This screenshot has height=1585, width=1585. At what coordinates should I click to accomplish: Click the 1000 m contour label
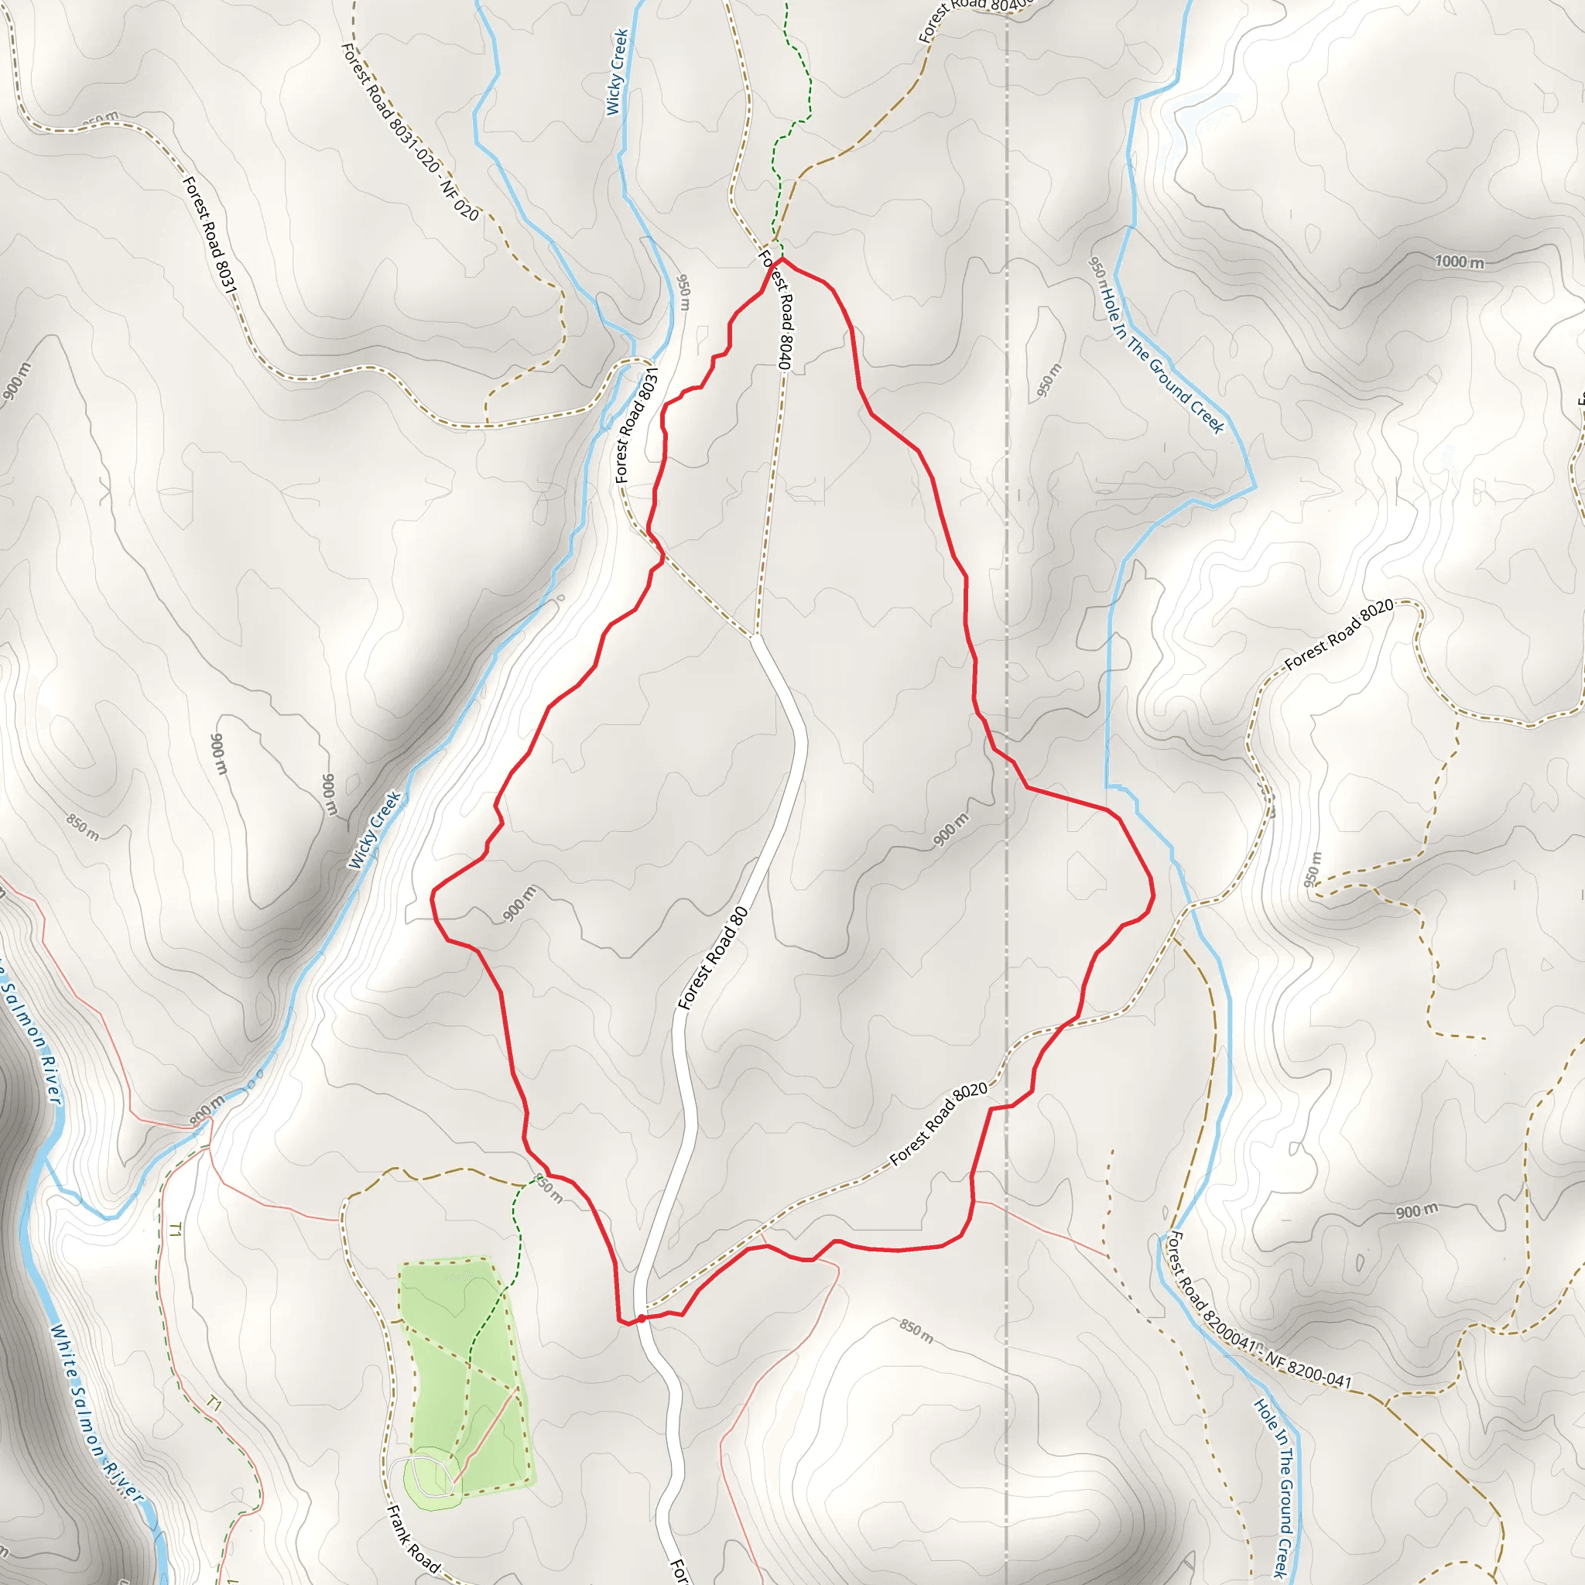[1459, 262]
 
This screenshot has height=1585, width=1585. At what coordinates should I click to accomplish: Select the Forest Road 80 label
[712, 957]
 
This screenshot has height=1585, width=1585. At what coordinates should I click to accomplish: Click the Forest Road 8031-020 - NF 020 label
[409, 132]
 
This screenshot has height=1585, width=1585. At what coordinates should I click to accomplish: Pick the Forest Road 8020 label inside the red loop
[939, 1124]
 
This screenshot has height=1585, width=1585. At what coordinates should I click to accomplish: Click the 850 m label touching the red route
[548, 1189]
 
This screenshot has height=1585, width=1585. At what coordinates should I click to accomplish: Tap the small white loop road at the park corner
[426, 1477]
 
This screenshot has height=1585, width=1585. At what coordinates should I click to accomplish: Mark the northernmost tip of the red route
[780, 258]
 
